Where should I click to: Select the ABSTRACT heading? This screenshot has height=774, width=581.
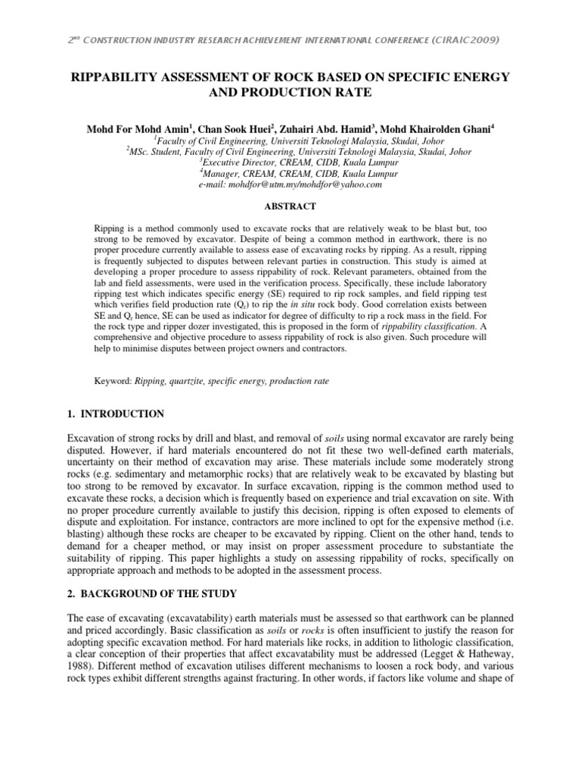coord(290,205)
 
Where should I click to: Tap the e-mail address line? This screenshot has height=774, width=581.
coord(290,184)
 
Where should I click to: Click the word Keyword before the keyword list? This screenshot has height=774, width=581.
coord(112,383)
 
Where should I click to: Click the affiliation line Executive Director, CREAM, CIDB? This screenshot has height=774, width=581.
coord(290,162)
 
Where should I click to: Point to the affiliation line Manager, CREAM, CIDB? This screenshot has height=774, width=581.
coord(290,173)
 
